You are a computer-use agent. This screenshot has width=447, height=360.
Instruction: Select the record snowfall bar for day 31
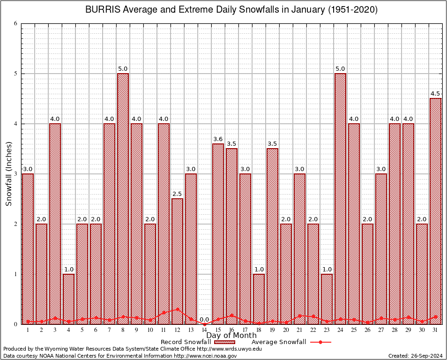pyautogui.click(x=435, y=211)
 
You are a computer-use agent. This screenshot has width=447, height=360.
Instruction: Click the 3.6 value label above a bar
pyautogui.click(x=218, y=139)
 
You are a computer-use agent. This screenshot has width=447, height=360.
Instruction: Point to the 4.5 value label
pyautogui.click(x=435, y=93)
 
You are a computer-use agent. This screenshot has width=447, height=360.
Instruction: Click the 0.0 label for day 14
pyautogui.click(x=204, y=320)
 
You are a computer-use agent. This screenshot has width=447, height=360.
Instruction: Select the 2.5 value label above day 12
pyautogui.click(x=177, y=194)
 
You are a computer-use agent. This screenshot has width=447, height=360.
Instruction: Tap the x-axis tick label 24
pyautogui.click(x=340, y=330)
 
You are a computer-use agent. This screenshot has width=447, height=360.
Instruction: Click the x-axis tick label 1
pyautogui.click(x=28, y=330)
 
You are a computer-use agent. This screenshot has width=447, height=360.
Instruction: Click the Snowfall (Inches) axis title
pyautogui.click(x=9, y=174)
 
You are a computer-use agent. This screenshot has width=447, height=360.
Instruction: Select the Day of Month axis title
pyautogui.click(x=231, y=336)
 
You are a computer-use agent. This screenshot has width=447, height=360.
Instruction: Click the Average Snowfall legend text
pyautogui.click(x=278, y=342)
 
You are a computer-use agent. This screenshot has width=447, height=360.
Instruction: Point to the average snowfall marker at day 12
pyautogui.click(x=177, y=309)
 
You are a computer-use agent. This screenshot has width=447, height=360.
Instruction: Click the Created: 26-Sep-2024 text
pyautogui.click(x=415, y=356)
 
